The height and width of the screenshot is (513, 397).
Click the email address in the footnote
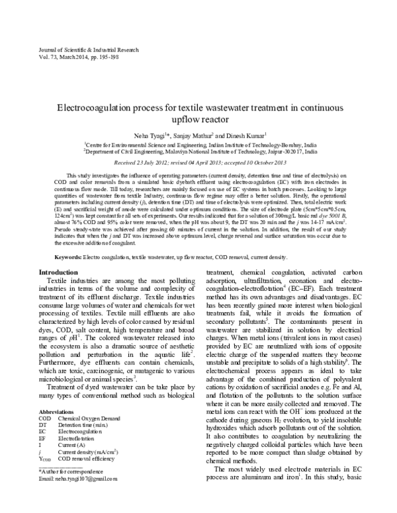(x=78, y=496)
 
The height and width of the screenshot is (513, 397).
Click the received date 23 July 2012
(x=149, y=161)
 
